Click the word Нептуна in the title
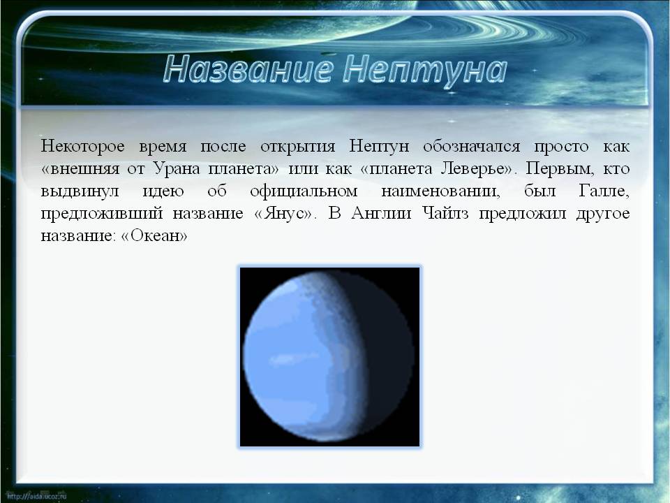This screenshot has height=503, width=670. coord(425,69)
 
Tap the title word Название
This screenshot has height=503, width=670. coord(247,68)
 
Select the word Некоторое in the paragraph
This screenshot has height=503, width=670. coord(83,146)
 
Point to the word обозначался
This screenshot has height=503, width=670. coord(472,146)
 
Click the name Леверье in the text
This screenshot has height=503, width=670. coord(472,169)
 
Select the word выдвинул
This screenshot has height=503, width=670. coord(80,191)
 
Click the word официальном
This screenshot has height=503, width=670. coord(304,191)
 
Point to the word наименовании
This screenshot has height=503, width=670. coord(440,191)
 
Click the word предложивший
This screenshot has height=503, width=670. coord(102,214)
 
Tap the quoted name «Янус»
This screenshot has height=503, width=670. coord(284,214)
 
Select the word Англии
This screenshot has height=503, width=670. coord(381,213)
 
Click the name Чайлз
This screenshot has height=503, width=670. coord(445,213)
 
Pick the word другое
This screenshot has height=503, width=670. coord(603,214)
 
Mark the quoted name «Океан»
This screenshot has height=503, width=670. coord(155,235)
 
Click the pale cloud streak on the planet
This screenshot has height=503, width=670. coord(290,358)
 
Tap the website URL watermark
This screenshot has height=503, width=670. coord(37,496)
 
